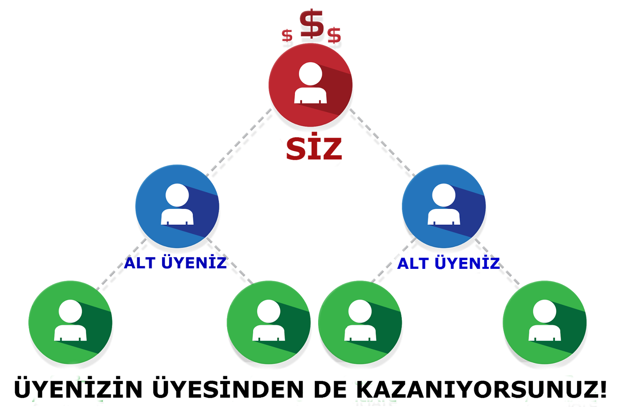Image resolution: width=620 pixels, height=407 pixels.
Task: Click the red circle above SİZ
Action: [x=310, y=85]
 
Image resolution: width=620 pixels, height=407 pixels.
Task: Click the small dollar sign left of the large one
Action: [x=287, y=35]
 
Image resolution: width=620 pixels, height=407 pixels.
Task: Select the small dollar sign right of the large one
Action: [x=334, y=35]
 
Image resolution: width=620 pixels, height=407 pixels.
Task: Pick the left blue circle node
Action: [x=177, y=206]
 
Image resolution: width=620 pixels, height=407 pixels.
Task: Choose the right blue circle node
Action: [x=444, y=206]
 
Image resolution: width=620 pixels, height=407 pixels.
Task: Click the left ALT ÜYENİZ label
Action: [x=175, y=263]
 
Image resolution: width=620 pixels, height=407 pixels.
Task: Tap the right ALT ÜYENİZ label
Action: [x=449, y=263]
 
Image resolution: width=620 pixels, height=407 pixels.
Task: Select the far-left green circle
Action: [x=70, y=322]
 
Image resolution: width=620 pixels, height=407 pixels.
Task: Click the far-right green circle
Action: [x=544, y=322]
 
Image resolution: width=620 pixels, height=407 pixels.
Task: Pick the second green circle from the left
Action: [x=269, y=322]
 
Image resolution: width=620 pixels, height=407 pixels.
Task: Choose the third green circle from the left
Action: [x=360, y=322]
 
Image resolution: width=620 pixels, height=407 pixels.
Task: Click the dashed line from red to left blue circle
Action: [x=239, y=142]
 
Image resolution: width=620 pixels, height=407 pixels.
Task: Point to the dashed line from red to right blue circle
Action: [x=381, y=142]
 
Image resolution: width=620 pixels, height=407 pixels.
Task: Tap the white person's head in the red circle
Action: [x=310, y=74]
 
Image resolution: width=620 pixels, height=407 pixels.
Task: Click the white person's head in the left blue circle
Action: [x=177, y=195]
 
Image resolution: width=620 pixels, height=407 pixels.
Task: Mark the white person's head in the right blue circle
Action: [x=444, y=195]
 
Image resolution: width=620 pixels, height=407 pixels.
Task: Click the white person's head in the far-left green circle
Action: [x=70, y=311]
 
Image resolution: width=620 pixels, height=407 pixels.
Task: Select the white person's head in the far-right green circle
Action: [x=544, y=311]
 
